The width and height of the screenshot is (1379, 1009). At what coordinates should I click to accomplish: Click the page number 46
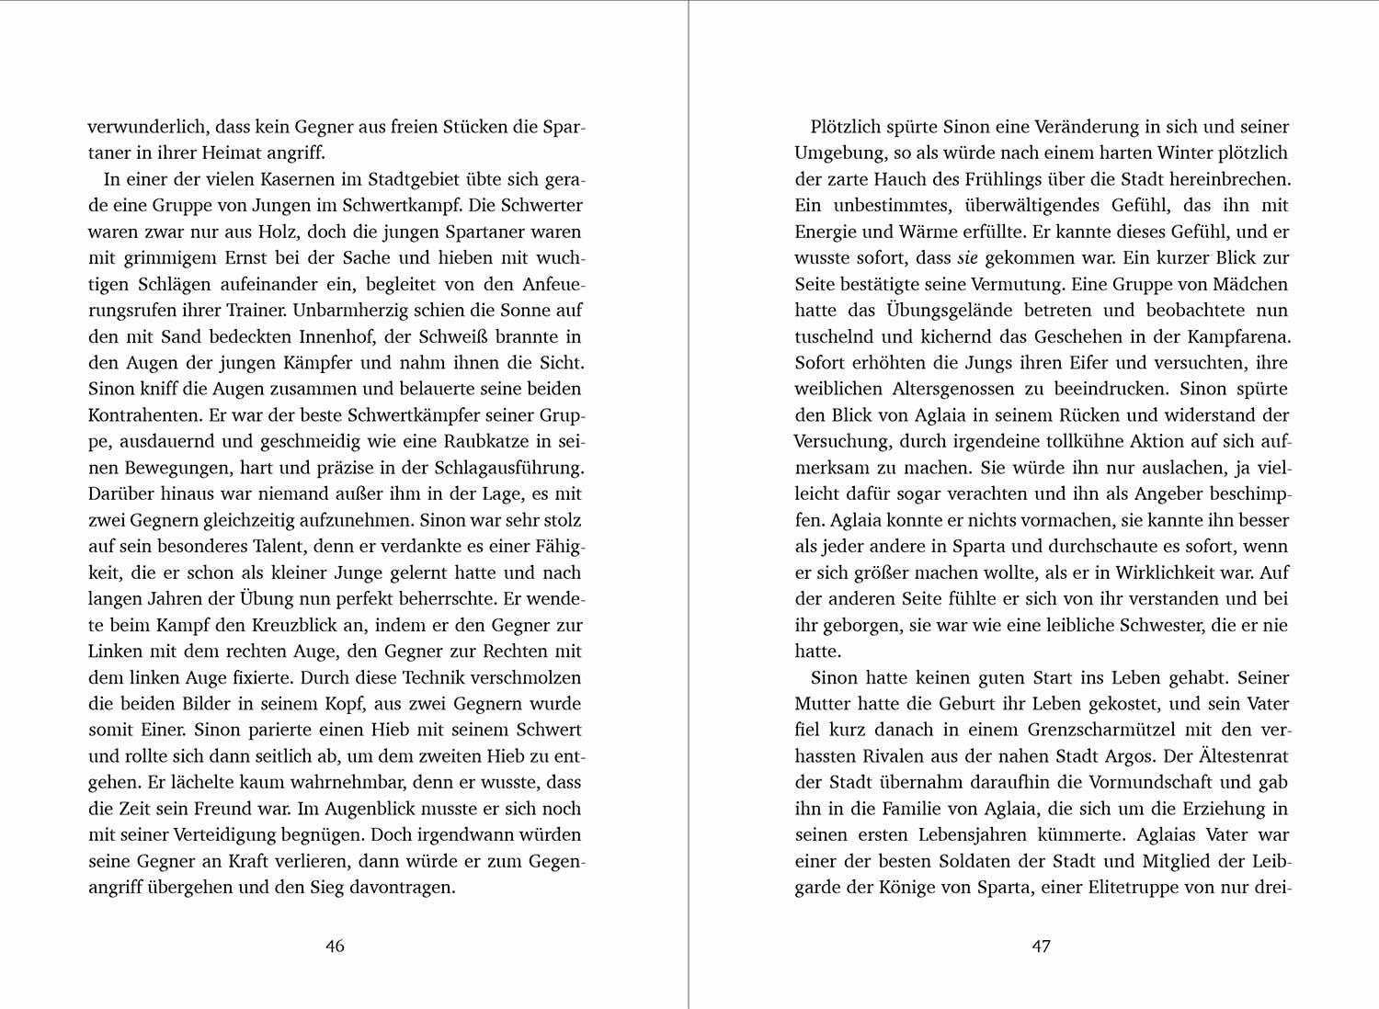click(x=336, y=946)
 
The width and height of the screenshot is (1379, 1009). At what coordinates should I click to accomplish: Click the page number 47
click(x=1041, y=946)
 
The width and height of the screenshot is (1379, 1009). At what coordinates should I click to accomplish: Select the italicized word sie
click(x=967, y=258)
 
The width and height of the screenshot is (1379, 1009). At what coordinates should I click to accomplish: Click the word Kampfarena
click(x=1239, y=336)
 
